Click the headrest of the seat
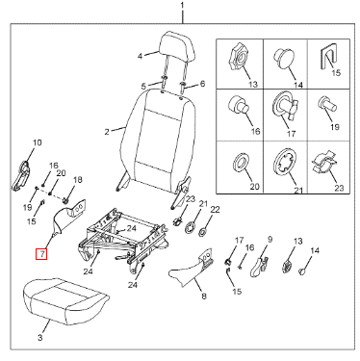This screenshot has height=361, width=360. (x=178, y=47)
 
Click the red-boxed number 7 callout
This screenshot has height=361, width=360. (x=41, y=254)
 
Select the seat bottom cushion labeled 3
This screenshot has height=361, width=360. (x=64, y=301)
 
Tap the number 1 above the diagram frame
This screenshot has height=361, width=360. (x=183, y=6)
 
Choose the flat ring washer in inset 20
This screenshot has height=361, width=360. (x=241, y=161)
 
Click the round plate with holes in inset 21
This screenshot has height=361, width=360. (x=284, y=161)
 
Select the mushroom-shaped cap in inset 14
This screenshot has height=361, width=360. (x=283, y=59)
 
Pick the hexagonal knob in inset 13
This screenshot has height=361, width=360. (x=238, y=57)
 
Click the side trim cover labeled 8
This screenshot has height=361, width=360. (x=191, y=267)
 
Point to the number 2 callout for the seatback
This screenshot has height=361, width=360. (x=107, y=132)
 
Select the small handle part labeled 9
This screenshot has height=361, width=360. (x=258, y=267)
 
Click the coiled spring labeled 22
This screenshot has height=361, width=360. (x=204, y=230)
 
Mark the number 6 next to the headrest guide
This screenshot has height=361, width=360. (x=202, y=84)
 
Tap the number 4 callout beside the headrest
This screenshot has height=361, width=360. (x=140, y=56)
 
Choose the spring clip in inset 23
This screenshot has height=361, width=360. (x=324, y=162)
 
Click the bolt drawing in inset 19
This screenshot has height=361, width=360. (x=326, y=104)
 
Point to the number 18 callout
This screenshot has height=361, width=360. (x=78, y=180)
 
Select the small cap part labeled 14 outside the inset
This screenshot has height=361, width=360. (x=301, y=272)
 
